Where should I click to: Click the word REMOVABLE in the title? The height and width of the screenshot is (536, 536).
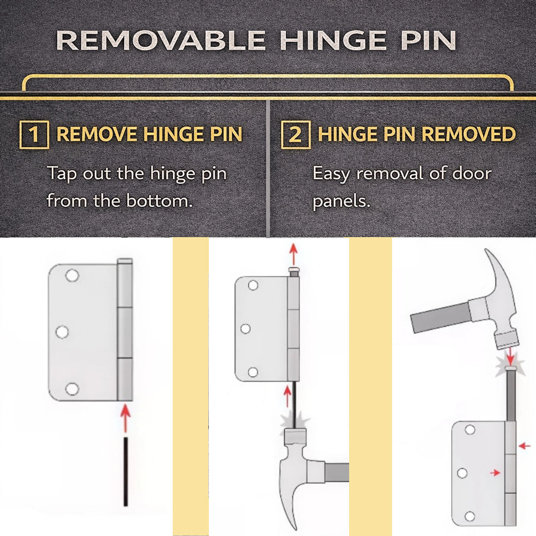(161, 40)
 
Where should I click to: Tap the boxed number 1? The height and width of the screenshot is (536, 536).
(34, 135)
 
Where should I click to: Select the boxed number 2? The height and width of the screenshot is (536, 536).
(296, 135)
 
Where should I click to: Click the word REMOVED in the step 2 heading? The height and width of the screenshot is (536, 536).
(468, 134)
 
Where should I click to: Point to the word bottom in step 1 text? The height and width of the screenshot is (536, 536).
(159, 200)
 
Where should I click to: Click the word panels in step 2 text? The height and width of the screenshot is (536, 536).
(341, 202)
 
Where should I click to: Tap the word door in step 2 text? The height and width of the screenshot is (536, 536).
(472, 173)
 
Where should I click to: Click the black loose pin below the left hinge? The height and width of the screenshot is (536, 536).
(126, 472)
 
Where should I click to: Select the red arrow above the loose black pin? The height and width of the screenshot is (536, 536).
(126, 418)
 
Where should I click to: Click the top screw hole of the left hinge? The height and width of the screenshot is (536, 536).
(72, 275)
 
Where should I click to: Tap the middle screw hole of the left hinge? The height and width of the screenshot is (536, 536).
(62, 332)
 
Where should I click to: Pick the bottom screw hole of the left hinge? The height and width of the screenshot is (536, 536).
(72, 389)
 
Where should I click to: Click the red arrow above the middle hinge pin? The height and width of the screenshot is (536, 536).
(293, 254)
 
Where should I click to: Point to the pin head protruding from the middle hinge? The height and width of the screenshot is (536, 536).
(294, 272)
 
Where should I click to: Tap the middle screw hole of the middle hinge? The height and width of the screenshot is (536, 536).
(245, 329)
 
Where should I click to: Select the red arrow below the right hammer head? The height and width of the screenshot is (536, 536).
(510, 356)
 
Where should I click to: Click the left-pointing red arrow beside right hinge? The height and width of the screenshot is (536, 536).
(524, 446)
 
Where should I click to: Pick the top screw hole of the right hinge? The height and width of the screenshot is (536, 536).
(470, 429)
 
